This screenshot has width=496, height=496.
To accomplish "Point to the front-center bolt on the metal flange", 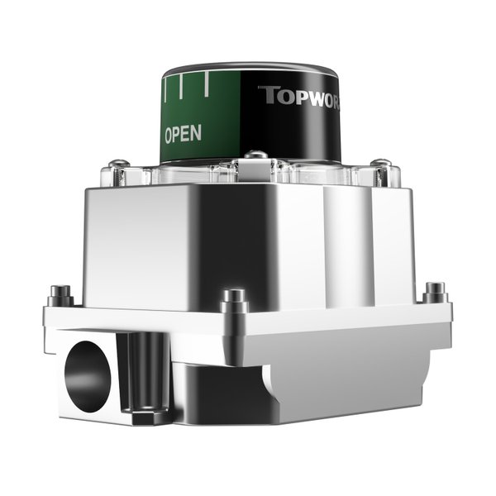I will (235, 298).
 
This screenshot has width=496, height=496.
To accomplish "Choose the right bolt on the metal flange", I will (435, 292).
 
